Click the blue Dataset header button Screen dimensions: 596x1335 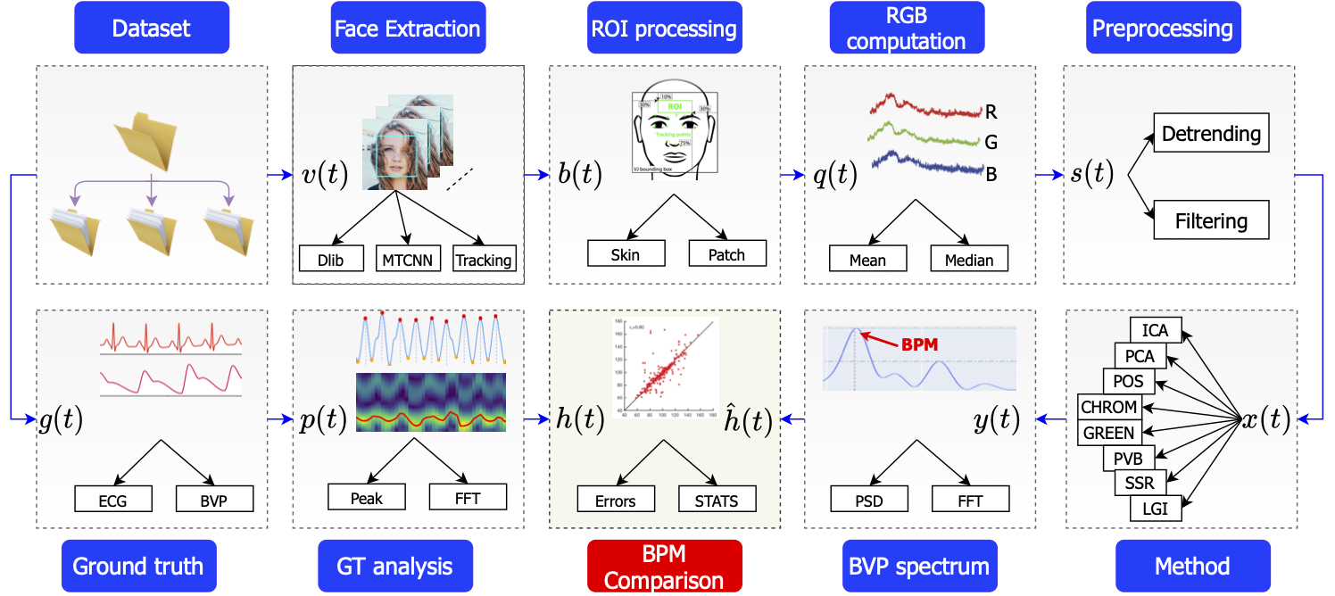[x=152, y=29]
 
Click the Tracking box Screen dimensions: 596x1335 [x=483, y=260]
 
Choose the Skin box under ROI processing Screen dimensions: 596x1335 [x=625, y=253]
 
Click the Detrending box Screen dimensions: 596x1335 [x=1211, y=135]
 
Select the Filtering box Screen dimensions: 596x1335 [x=1211, y=219]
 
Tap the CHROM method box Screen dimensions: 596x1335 [x=1109, y=407]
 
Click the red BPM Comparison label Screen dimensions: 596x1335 [x=664, y=566]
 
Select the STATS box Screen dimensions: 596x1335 [x=717, y=500]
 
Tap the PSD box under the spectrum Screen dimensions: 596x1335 [x=869, y=500]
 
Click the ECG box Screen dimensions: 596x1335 [x=113, y=500]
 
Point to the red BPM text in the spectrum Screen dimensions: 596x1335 [x=919, y=344]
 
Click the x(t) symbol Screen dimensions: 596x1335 [x=1265, y=419]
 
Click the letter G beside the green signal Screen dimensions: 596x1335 [x=991, y=143]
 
